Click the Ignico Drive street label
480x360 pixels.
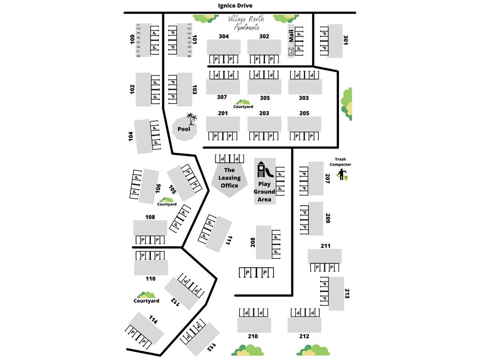(x=235, y=6)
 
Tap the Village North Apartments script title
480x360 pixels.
(x=244, y=23)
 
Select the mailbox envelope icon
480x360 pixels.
(x=291, y=51)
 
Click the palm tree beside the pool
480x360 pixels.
(x=192, y=119)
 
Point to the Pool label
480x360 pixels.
(x=184, y=129)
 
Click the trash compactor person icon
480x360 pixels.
(x=342, y=175)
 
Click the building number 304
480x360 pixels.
(x=224, y=36)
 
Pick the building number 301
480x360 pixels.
(x=346, y=40)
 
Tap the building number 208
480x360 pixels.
(x=253, y=242)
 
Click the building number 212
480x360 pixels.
(x=304, y=336)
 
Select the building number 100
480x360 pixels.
(x=132, y=39)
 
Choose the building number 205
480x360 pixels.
(x=304, y=113)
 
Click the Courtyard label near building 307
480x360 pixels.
(x=243, y=107)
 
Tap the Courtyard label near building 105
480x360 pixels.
(x=167, y=204)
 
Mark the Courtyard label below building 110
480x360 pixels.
(x=146, y=301)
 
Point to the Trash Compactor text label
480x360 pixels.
(x=340, y=162)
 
